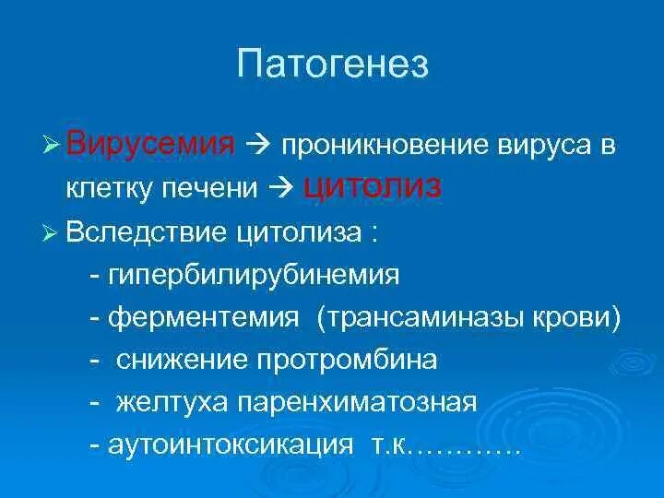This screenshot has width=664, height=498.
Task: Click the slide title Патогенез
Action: pyautogui.click(x=332, y=65)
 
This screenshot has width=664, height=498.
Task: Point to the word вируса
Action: pyautogui.click(x=528, y=147)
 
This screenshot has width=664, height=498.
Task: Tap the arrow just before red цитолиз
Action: pyautogui.click(x=285, y=187)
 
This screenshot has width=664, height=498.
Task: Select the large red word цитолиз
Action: pyautogui.click(x=373, y=185)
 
